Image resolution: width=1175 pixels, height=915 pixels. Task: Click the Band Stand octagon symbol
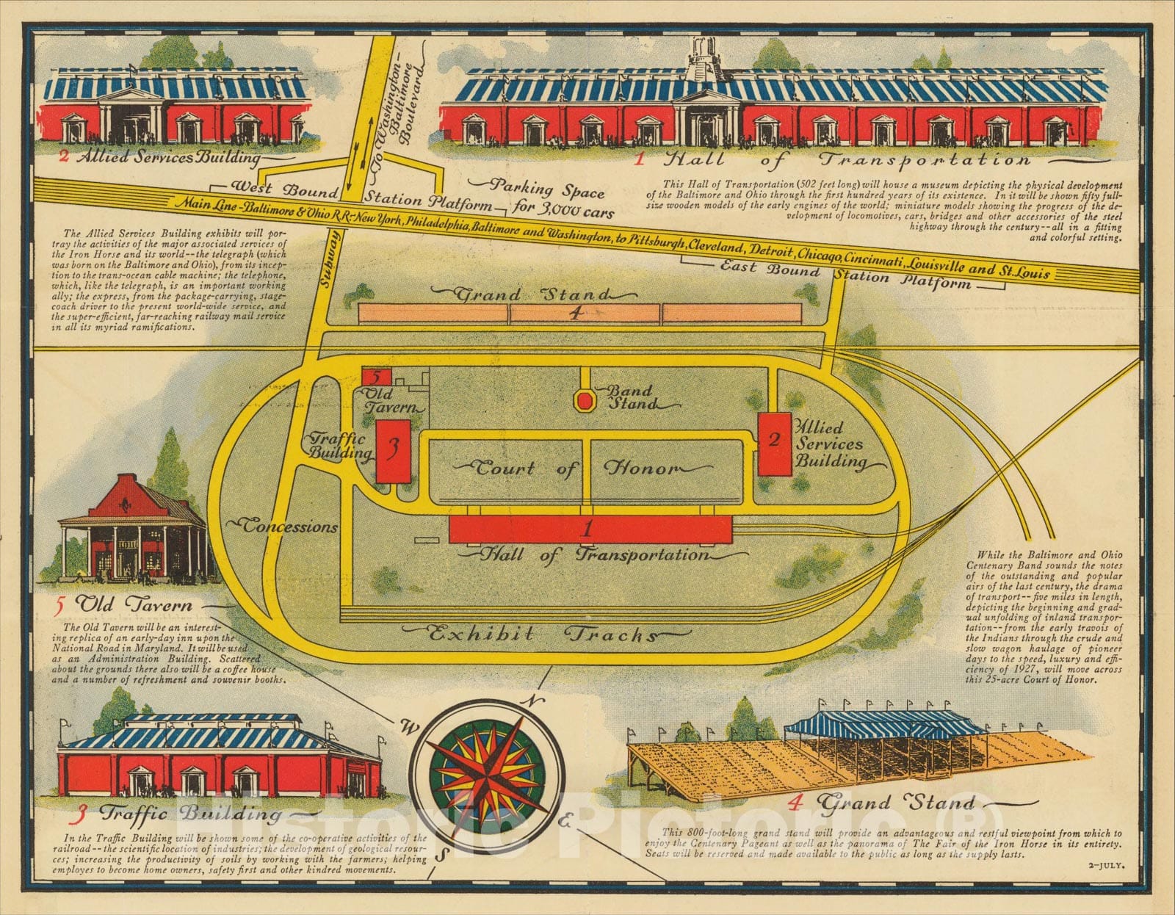(585, 401)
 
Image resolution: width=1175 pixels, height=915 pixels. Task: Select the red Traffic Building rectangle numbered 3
(393, 452)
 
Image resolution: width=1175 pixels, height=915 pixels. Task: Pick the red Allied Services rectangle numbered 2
(774, 444)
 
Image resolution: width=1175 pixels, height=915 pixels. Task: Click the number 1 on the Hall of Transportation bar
(587, 529)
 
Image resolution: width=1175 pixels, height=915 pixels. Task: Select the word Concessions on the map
(290, 526)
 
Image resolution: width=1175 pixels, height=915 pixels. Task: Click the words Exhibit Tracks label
(543, 634)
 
